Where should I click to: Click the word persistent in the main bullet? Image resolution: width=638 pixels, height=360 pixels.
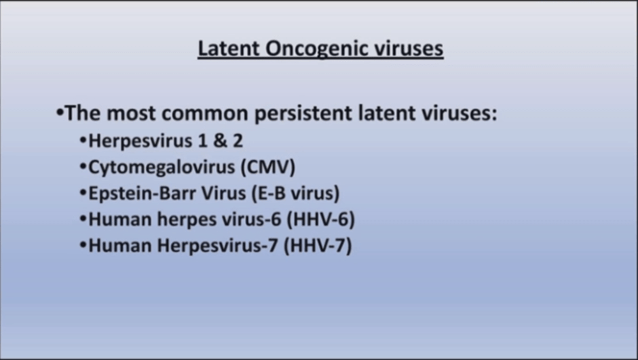pyautogui.click(x=303, y=113)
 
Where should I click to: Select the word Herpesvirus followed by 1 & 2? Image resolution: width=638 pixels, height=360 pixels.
pyautogui.click(x=140, y=141)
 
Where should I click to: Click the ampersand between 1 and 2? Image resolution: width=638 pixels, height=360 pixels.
pyautogui.click(x=220, y=141)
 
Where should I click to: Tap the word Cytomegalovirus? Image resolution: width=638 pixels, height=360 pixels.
pyautogui.click(x=162, y=168)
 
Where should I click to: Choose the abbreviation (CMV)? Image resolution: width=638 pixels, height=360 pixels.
pyautogui.click(x=268, y=167)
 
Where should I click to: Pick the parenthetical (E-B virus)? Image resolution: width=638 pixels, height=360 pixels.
pyautogui.click(x=295, y=194)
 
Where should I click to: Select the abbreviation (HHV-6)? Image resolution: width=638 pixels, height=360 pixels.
pyautogui.click(x=320, y=219)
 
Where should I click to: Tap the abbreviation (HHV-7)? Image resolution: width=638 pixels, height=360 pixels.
pyautogui.click(x=318, y=246)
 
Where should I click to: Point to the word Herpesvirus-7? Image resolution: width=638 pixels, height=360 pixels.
pyautogui.click(x=218, y=247)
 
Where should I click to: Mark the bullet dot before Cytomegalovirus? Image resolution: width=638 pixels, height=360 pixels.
pyautogui.click(x=83, y=167)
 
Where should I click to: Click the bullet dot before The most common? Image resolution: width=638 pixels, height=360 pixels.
pyautogui.click(x=60, y=111)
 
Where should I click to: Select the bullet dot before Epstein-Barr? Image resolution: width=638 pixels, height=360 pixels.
pyautogui.click(x=83, y=193)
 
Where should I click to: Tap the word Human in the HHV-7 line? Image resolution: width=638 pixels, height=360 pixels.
pyautogui.click(x=120, y=246)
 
